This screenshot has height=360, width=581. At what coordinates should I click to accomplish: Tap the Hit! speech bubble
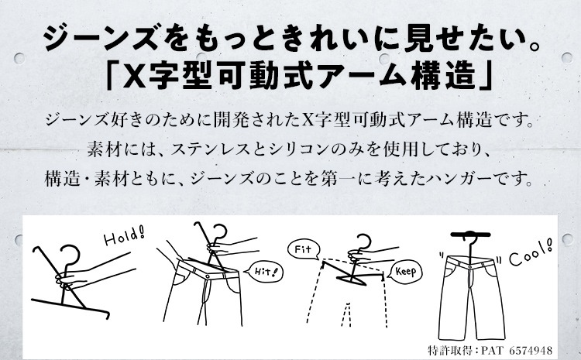coord(264,273)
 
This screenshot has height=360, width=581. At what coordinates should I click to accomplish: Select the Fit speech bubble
coord(304,249)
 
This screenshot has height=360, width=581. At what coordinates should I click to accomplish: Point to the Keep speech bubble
coord(405,273)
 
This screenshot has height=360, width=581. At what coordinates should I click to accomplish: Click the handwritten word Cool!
coord(530,253)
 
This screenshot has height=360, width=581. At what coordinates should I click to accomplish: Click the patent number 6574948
coord(530,350)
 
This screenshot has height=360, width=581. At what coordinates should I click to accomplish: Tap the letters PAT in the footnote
coord(493,350)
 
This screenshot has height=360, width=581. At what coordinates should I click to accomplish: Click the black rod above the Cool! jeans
coord(470,235)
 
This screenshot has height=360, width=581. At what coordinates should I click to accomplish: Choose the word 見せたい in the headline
coord(452,38)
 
